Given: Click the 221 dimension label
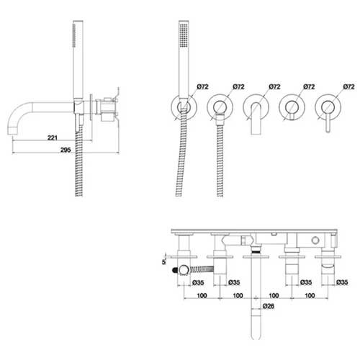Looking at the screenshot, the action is (x=53, y=138).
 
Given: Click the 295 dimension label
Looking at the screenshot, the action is (x=66, y=150).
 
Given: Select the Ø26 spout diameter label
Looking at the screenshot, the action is (x=269, y=306).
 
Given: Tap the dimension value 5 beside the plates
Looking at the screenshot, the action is (x=164, y=262).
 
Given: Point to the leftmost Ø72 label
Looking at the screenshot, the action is (x=203, y=86).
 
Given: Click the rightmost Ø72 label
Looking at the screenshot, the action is (x=348, y=86).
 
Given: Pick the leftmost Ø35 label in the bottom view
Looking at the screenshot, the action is (x=198, y=282).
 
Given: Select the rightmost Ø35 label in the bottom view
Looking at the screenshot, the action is (x=342, y=282).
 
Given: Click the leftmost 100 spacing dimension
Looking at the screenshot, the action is (x=202, y=295).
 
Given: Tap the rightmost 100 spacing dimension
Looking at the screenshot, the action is (x=310, y=295).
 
